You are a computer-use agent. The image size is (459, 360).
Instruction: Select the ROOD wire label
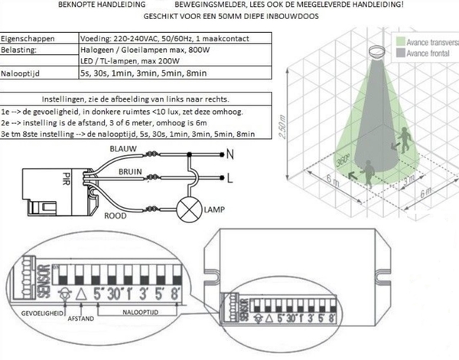(x=116, y=216)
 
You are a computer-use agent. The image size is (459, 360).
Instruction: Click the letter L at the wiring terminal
(x=231, y=180)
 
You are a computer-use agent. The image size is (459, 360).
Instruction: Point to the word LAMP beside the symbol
(x=216, y=208)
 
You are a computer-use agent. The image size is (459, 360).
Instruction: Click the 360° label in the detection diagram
(x=343, y=161)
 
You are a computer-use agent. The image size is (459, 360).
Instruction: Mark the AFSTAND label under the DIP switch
(x=80, y=316)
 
